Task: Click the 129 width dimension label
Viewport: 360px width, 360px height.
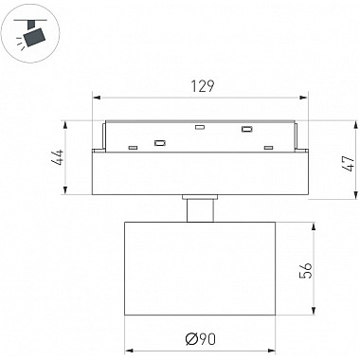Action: [x=203, y=86]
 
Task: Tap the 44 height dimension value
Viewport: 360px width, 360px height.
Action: [x=59, y=157]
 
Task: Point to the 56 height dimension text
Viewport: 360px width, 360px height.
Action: [x=306, y=270]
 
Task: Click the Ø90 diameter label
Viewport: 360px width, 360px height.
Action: [x=201, y=339]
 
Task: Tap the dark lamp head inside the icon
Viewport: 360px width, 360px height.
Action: [x=35, y=37]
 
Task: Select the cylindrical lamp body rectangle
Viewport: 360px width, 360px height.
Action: [x=200, y=268]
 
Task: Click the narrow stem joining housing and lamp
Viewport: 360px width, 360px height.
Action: [x=200, y=210]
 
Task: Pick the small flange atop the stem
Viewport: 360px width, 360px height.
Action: [x=200, y=197]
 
